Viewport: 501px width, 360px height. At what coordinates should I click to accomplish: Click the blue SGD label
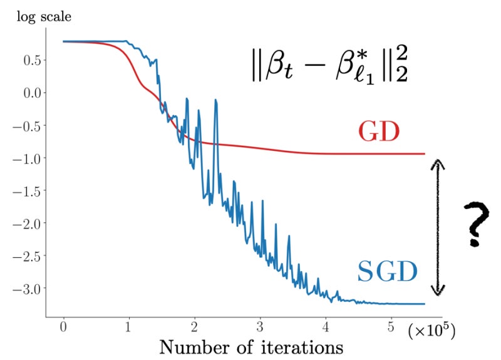pos(388,271)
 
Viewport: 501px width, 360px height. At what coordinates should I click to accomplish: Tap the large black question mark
pos(475,224)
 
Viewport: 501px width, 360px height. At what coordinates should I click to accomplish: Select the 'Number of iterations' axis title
pos(250,346)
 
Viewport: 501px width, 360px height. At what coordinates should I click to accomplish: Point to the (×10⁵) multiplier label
pos(431,332)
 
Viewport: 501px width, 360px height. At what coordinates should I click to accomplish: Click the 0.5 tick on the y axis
pos(29,61)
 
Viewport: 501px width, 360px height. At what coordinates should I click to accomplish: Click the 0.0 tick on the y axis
pos(29,93)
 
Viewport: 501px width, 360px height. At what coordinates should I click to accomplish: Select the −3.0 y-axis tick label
pos(25,289)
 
